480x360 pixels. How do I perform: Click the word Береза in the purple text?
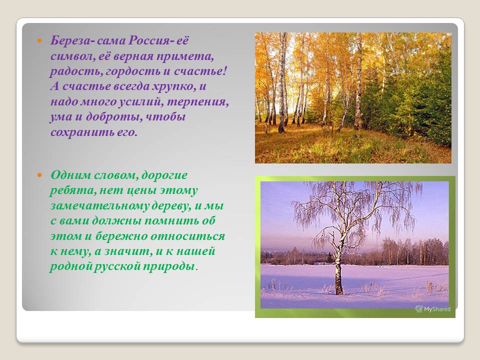[x=70, y=40]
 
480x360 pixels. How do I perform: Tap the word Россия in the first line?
[x=148, y=40]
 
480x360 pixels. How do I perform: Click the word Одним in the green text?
[x=70, y=175]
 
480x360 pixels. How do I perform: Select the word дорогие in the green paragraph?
[x=164, y=175]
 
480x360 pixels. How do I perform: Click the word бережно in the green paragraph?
[x=121, y=236]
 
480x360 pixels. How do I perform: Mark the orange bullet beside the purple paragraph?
[x=39, y=40]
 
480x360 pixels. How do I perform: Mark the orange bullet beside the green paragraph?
[x=39, y=175]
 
